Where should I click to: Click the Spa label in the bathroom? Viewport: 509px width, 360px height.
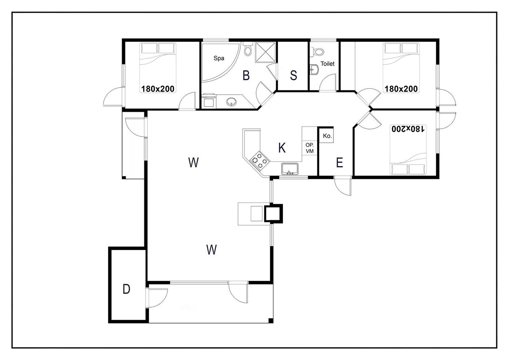[219, 59]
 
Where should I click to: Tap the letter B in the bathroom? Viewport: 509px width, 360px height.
[246, 75]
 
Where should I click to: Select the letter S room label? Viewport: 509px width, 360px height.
[293, 75]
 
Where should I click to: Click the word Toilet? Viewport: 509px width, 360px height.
[328, 64]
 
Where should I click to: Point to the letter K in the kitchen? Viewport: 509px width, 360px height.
[282, 148]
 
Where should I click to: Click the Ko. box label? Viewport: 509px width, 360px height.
[327, 136]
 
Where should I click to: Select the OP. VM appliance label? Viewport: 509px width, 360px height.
[309, 148]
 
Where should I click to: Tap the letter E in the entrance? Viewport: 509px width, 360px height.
[339, 162]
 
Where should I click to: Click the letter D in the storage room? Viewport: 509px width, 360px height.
[126, 289]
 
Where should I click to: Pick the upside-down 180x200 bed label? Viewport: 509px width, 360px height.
[408, 129]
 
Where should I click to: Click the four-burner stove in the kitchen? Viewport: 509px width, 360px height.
[259, 160]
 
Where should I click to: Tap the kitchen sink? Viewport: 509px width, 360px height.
[290, 169]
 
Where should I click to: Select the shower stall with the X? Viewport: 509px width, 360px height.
[265, 52]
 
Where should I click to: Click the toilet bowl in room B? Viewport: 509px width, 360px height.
[247, 49]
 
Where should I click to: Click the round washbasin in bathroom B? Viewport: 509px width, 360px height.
[231, 102]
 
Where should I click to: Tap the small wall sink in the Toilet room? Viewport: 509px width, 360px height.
[314, 69]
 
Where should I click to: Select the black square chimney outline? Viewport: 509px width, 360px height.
[273, 214]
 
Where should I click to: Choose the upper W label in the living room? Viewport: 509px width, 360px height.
[193, 162]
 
